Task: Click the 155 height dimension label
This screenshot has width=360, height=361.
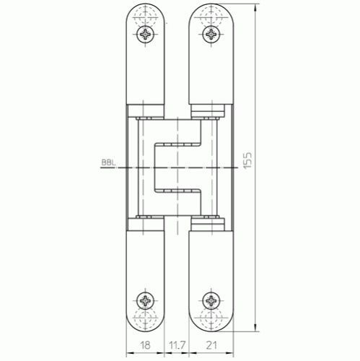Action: coord(247,160)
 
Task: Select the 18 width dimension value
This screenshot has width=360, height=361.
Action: coord(145,345)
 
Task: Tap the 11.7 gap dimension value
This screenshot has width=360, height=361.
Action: coord(177,345)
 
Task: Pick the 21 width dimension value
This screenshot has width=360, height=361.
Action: coord(211,345)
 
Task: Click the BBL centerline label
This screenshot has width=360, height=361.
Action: coord(108,162)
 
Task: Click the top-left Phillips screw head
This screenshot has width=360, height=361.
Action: coord(146,35)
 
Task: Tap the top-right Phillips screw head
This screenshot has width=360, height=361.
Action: coord(211,35)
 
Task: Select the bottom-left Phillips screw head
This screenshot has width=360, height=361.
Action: coord(146,300)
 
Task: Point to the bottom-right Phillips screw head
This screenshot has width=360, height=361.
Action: coord(211,300)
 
